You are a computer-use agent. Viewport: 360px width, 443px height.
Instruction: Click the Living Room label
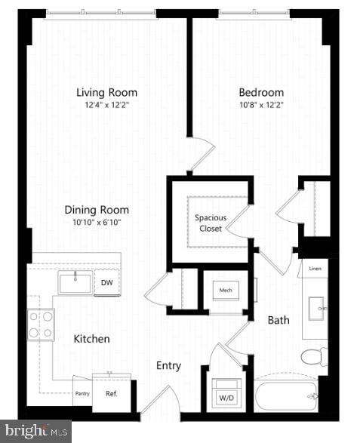(x=107, y=92)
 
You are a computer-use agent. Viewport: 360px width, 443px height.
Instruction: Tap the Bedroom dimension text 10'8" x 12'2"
(x=261, y=105)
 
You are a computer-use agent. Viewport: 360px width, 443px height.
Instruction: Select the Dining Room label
(x=97, y=210)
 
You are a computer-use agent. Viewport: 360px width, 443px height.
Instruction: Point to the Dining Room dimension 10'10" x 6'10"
(x=97, y=223)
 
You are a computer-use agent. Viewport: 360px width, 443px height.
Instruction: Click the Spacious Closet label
(x=211, y=223)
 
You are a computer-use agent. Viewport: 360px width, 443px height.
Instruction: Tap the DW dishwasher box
(x=107, y=282)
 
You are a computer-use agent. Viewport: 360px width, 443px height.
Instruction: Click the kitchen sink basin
(x=75, y=283)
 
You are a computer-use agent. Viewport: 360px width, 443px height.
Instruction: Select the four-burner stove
(x=41, y=325)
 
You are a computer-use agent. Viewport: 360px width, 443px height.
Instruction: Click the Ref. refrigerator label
(x=112, y=393)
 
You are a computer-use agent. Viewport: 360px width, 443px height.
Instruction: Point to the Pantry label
(x=82, y=393)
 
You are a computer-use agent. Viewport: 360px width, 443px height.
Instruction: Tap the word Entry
(x=169, y=366)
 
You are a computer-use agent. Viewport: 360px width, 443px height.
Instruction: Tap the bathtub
(x=286, y=395)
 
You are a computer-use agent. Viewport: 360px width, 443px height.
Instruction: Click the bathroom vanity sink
(x=316, y=308)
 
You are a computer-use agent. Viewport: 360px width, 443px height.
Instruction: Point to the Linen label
(x=315, y=269)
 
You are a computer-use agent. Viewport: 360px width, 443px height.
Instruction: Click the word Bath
(x=278, y=321)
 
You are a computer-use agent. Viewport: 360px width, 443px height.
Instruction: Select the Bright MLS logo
(x=35, y=432)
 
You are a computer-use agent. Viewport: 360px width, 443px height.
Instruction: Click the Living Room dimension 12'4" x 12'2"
(x=107, y=105)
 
